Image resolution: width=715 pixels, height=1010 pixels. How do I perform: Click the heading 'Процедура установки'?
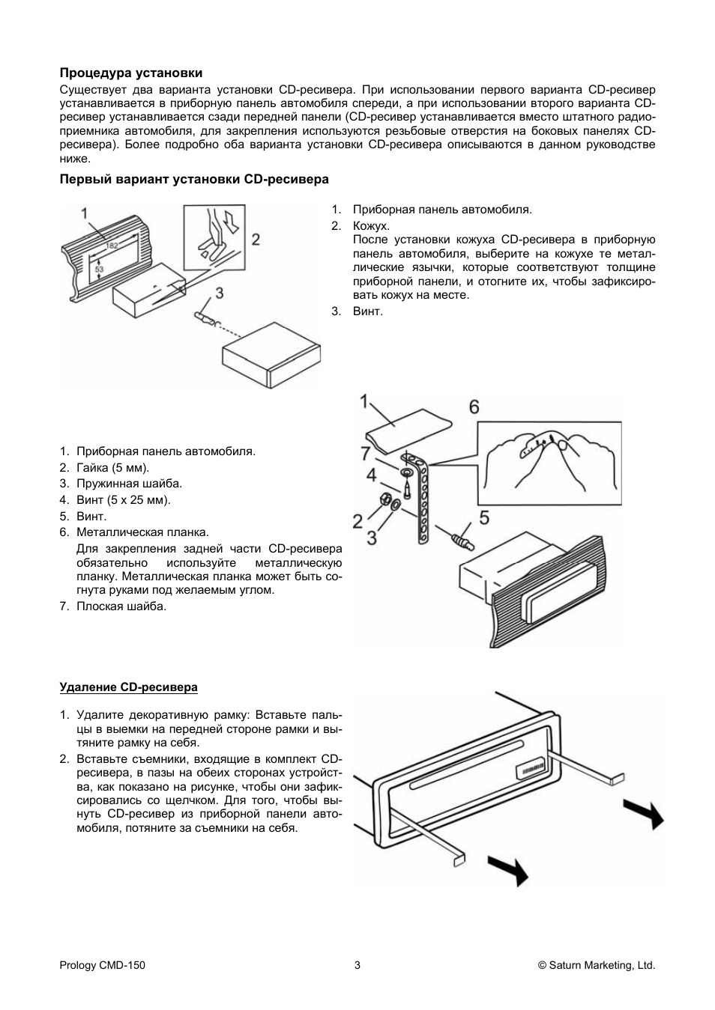coord(131,73)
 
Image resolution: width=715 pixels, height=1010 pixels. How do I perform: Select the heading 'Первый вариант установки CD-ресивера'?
coord(194,180)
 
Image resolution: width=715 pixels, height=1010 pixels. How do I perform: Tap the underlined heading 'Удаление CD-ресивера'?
coord(128,687)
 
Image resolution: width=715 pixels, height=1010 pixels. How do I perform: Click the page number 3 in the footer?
coord(357,965)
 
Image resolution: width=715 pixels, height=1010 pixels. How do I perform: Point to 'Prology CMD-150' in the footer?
coord(102,965)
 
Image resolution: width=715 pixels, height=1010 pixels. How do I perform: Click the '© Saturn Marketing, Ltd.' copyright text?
coord(597,965)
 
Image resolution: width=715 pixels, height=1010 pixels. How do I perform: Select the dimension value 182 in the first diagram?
coord(112,246)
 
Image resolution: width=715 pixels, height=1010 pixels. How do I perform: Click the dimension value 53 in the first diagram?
coord(99,269)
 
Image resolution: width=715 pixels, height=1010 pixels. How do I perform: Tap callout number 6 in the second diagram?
coord(474,407)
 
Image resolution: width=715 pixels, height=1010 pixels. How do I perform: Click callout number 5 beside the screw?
coord(483,518)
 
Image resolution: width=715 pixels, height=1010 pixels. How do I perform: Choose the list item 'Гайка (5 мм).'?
coord(112,468)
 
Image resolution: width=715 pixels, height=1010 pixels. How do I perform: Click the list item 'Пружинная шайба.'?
coord(129,484)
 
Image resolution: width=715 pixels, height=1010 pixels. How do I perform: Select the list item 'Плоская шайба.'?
coord(121,606)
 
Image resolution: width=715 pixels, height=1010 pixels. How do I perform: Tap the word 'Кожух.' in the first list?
coord(371,225)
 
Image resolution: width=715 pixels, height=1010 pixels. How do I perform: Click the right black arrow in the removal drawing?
coord(645,813)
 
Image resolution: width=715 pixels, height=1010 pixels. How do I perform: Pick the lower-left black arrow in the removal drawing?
coord(507,870)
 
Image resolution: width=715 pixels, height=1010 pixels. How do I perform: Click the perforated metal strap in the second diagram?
coord(422,502)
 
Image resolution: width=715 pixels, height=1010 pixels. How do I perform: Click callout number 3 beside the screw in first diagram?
coord(219,293)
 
